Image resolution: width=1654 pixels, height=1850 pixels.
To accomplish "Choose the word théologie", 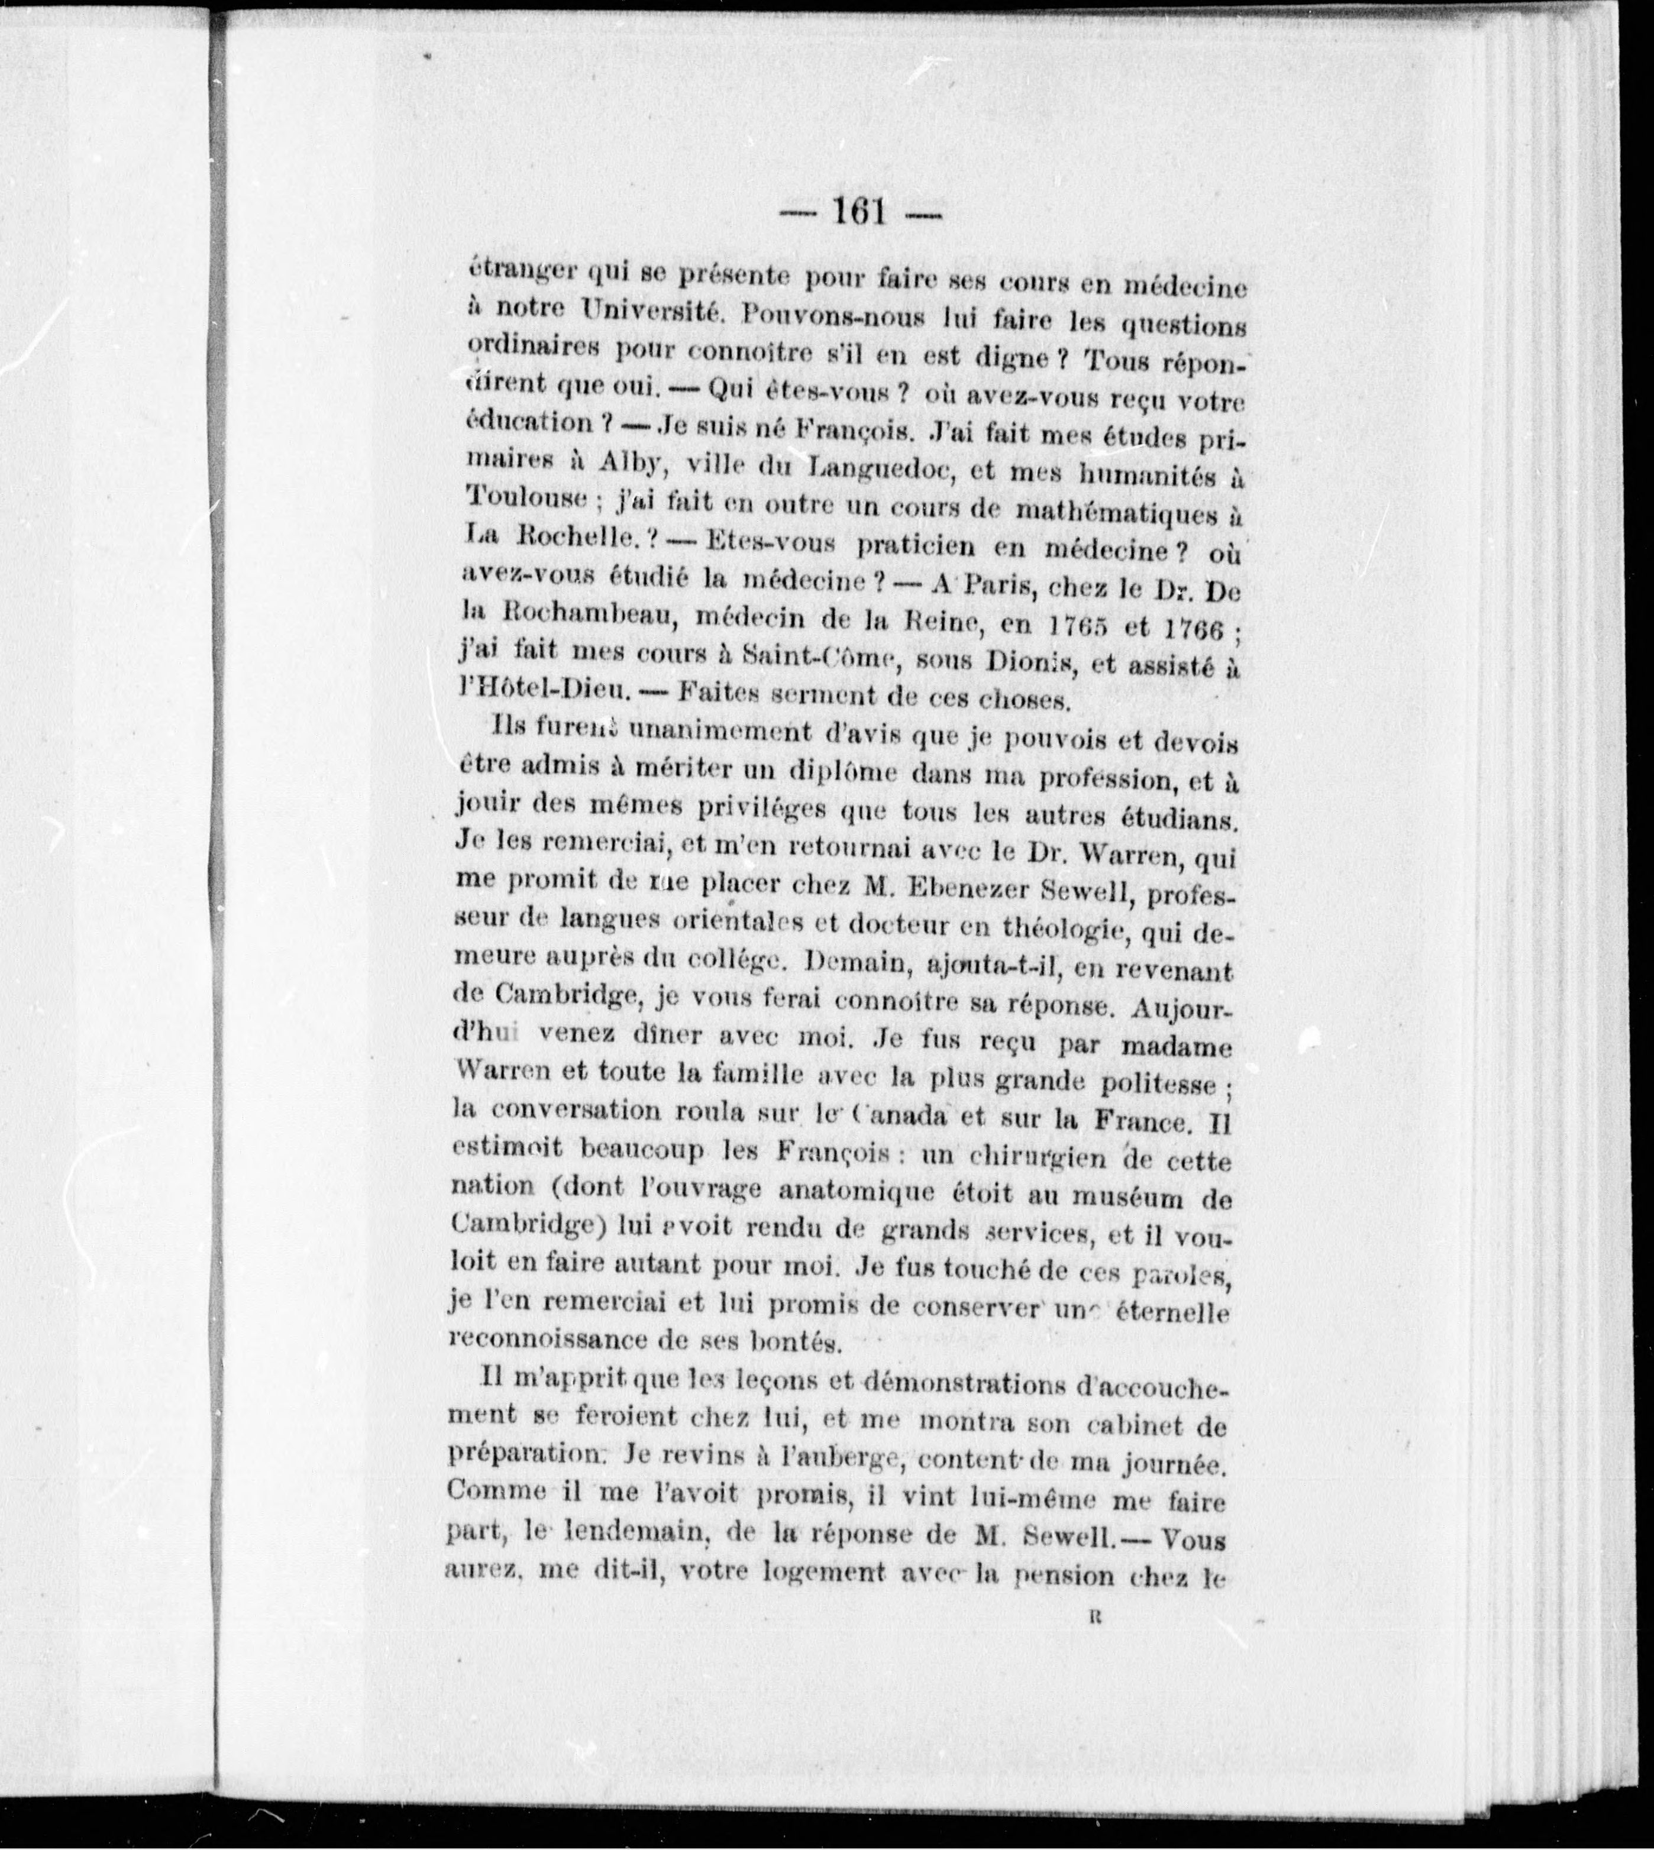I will point(1054,928).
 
